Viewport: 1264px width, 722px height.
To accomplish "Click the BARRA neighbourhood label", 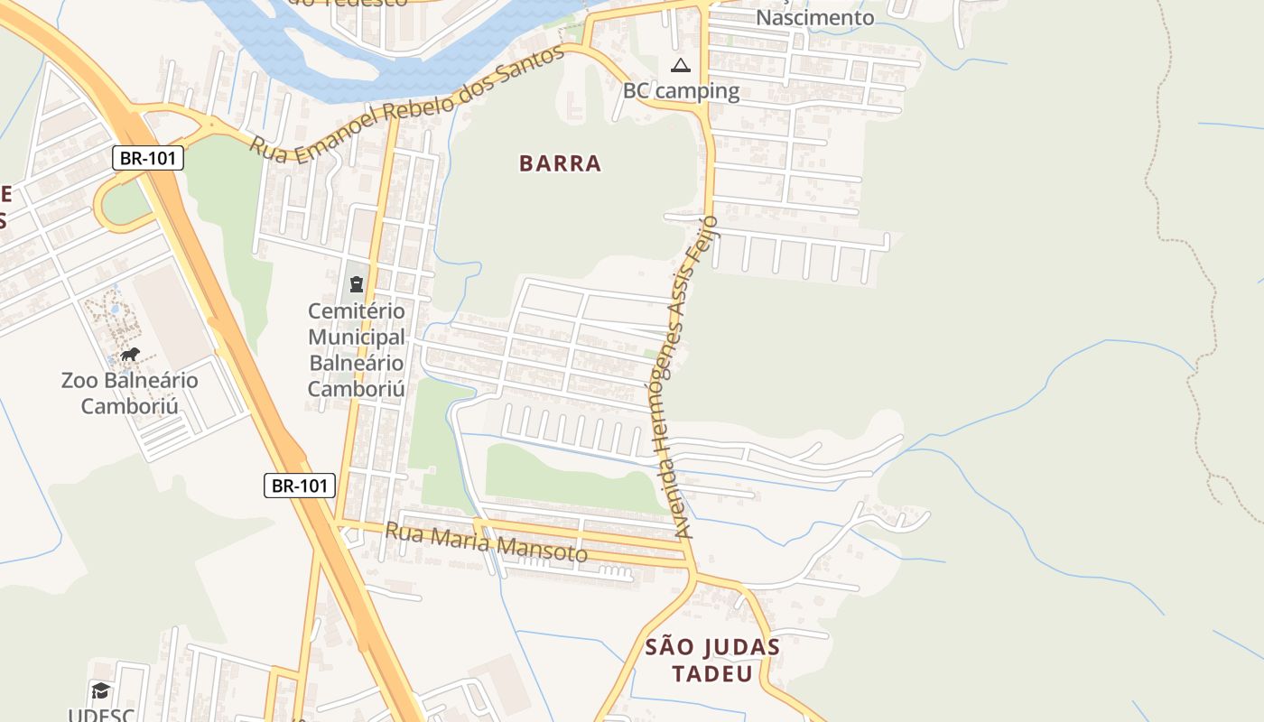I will tap(560, 163).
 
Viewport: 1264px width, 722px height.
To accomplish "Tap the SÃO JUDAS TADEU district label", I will tap(712, 661).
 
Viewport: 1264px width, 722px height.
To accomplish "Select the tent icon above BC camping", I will tap(681, 65).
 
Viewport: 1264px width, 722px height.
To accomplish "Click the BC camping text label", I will tap(681, 91).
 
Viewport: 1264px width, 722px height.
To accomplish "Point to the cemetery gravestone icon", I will tap(357, 284).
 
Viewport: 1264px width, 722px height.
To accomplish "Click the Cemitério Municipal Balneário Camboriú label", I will tap(357, 350).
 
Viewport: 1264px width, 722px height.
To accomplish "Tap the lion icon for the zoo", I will tap(130, 354).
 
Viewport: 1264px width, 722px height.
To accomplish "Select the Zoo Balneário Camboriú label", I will tap(130, 393).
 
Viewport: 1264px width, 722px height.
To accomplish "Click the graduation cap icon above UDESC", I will tap(101, 690).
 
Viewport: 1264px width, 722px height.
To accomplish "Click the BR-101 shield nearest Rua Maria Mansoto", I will tap(300, 486).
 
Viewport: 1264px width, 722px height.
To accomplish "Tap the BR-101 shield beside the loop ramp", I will tap(148, 159).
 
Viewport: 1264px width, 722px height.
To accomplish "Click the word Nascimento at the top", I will tap(814, 18).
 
